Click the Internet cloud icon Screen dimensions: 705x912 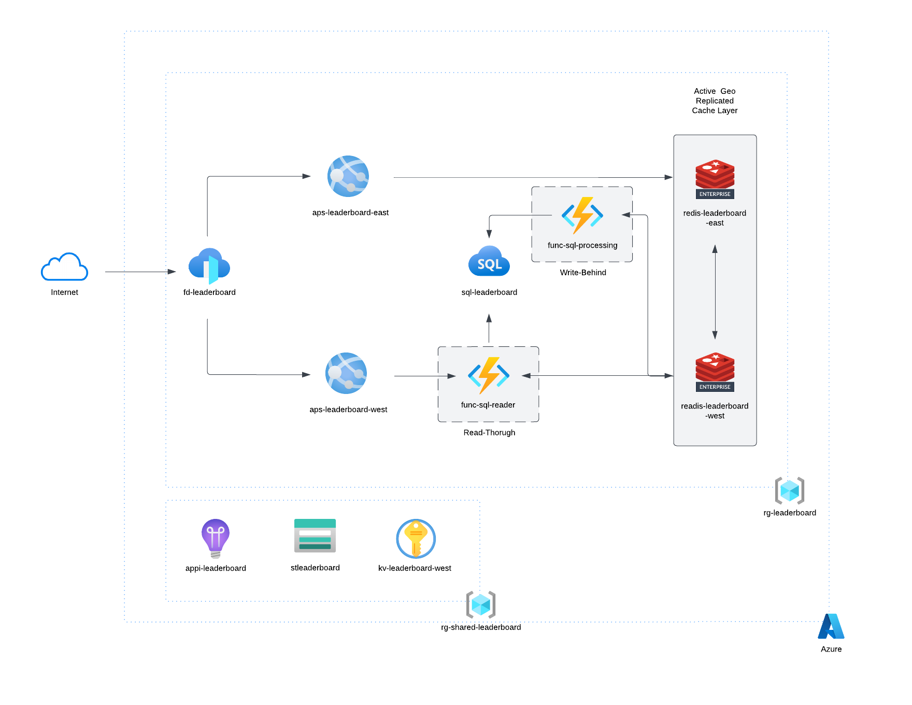[64, 267]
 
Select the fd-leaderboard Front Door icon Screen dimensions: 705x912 [209, 265]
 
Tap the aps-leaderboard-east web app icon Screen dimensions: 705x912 [348, 176]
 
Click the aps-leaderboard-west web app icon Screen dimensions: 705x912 [346, 373]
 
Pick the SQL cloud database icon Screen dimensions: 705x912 [489, 262]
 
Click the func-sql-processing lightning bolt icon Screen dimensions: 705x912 [582, 215]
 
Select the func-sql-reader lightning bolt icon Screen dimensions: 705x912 [488, 375]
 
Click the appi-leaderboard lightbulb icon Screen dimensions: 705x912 [216, 538]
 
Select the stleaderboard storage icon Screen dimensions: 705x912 [315, 535]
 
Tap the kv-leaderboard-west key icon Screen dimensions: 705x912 [416, 539]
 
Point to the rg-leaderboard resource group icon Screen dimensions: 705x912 [789, 490]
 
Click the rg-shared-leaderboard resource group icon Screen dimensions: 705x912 [481, 604]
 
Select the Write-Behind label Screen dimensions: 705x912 [583, 273]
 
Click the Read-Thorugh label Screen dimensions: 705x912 [489, 433]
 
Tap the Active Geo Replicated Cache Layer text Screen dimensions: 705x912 [715, 101]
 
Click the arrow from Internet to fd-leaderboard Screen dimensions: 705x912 [140, 272]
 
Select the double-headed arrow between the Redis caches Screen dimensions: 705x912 [715, 292]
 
